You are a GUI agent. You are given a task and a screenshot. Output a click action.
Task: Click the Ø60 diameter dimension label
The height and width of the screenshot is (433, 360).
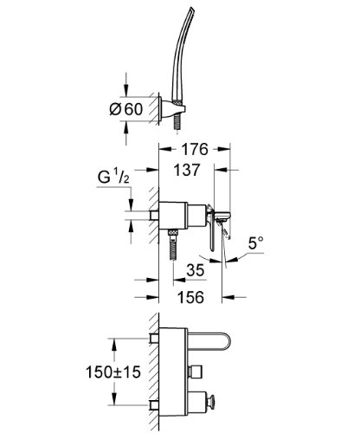coord(126,109)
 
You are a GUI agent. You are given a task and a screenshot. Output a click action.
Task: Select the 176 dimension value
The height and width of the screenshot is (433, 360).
coord(194,149)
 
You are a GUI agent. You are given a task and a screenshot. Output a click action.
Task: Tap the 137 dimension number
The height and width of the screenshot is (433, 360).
coord(186,170)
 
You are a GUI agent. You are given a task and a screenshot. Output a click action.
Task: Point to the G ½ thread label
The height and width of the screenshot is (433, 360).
coord(113,177)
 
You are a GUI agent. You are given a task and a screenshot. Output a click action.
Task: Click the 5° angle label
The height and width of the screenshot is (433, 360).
coord(256,243)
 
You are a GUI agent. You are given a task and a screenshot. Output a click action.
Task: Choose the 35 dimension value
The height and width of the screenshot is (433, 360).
coord(196,270)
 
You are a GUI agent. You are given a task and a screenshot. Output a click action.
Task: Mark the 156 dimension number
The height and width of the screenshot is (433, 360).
coord(190,297)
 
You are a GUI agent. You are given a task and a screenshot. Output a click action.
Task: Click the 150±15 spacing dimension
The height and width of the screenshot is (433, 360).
coord(113,372)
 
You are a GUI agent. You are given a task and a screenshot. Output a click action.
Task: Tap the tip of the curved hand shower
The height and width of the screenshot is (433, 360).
coord(191,10)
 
